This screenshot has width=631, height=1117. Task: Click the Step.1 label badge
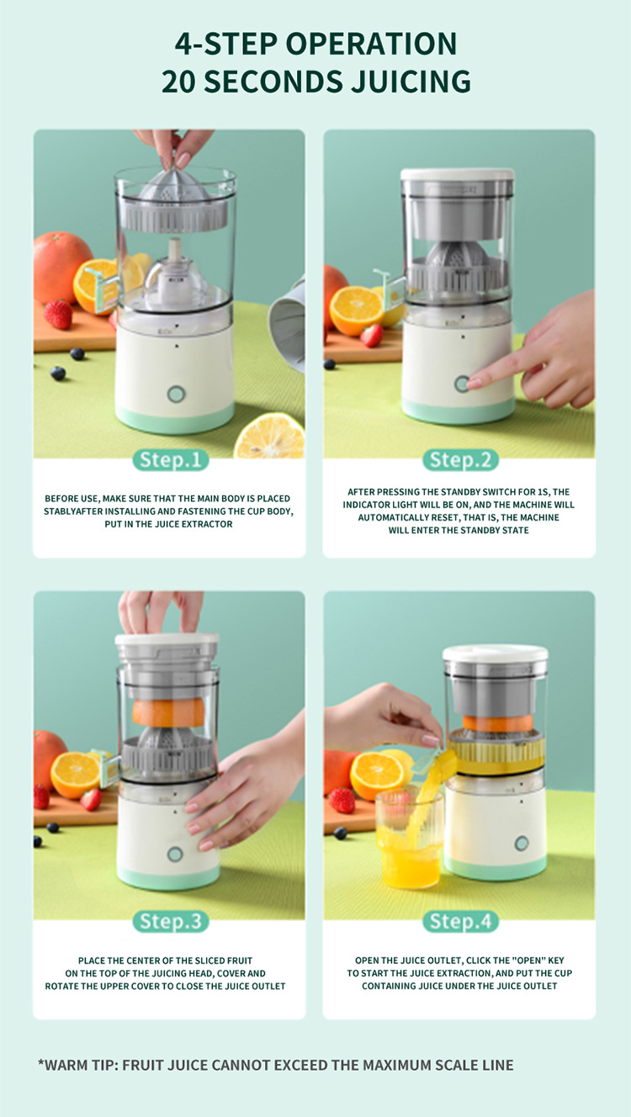tap(170, 460)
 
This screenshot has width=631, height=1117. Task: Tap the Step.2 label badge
tap(459, 460)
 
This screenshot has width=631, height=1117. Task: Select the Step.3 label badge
tap(170, 921)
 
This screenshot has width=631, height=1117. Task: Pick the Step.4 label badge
tap(459, 921)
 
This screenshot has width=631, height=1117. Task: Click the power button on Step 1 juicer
tap(175, 394)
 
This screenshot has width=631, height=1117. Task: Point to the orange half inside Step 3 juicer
tap(168, 712)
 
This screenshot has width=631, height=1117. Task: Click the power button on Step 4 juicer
tap(522, 843)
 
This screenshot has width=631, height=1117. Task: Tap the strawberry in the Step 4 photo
tap(342, 801)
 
